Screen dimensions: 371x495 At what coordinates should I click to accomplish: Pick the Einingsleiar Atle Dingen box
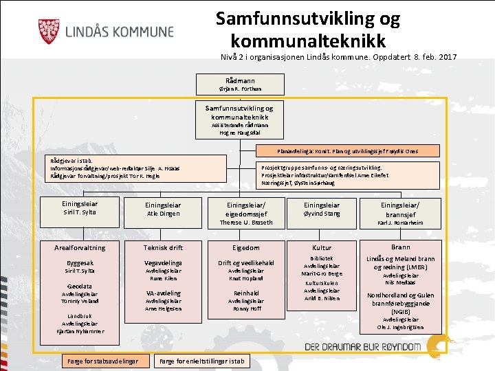click(163, 209)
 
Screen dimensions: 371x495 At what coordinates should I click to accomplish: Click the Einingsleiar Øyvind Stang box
click(322, 209)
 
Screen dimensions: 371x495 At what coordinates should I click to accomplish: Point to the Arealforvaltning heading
click(80, 247)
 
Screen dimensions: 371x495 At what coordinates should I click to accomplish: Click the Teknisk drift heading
click(163, 247)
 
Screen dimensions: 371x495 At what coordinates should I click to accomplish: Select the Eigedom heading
click(245, 247)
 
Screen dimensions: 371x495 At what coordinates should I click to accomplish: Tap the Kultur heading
click(322, 247)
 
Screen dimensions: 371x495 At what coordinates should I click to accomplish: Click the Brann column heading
click(400, 247)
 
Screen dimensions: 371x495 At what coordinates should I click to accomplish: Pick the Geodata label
click(80, 286)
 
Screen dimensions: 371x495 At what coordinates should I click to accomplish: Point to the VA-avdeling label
click(163, 293)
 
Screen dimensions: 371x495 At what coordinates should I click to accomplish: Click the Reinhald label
click(245, 293)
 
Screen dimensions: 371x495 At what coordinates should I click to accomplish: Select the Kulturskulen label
click(322, 282)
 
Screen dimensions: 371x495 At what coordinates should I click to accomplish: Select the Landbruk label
click(80, 316)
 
